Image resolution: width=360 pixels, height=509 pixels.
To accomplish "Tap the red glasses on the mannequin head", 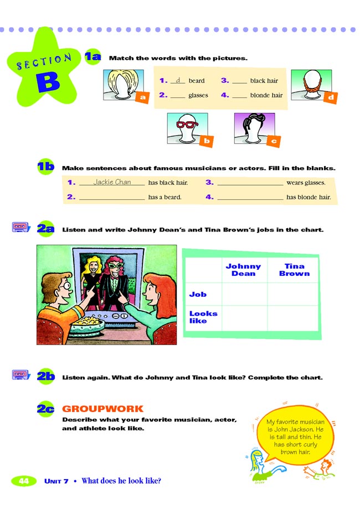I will point(187,124).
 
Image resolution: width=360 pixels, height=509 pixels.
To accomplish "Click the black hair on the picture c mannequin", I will point(254,120).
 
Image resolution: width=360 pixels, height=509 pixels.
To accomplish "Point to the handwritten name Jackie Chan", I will point(112,182).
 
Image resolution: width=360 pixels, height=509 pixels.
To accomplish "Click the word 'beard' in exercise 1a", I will point(197,81).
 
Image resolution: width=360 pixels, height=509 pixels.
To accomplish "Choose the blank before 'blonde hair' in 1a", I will point(239,96).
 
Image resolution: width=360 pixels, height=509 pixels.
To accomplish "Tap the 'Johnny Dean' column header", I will point(243,270).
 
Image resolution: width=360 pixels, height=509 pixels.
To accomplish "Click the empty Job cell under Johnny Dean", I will point(244,294).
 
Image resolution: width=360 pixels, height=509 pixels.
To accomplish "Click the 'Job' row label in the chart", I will point(198,294).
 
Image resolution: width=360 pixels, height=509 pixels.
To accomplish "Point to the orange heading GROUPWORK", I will point(95,409).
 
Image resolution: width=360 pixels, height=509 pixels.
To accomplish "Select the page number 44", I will point(23,481).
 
